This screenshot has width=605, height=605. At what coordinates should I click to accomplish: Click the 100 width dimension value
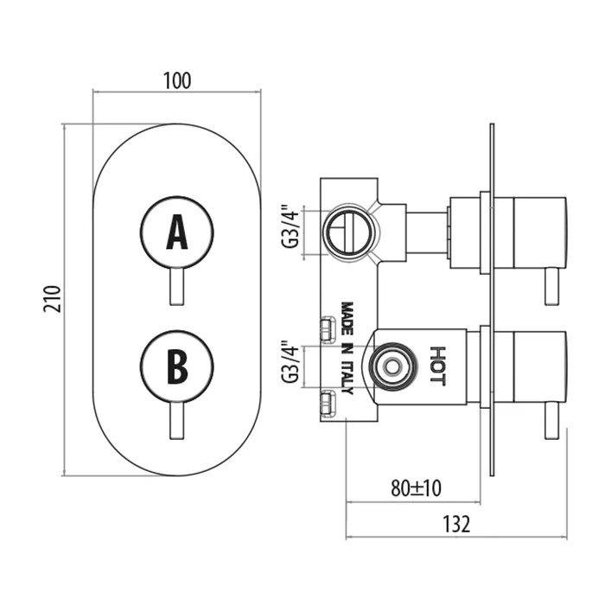pos(176,80)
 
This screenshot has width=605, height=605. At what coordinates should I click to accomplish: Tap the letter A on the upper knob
pos(177,232)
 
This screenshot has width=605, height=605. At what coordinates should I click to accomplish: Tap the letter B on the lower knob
pos(177,365)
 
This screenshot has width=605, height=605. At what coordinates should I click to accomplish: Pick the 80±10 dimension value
pos(415,487)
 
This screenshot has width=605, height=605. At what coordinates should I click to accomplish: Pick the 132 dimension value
pos(458,524)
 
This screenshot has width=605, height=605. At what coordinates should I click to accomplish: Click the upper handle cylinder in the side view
pos(539,231)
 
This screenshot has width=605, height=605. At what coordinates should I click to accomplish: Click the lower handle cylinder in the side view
pos(539,366)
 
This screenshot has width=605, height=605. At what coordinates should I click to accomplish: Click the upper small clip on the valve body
pos(327,328)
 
